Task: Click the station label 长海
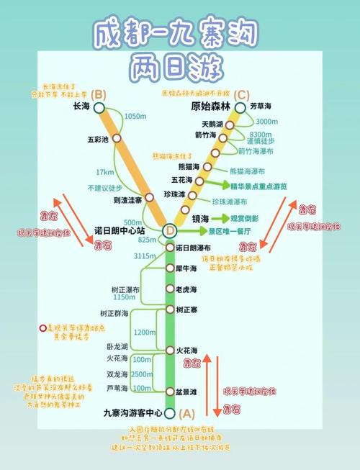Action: [82, 107]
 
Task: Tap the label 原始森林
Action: [211, 107]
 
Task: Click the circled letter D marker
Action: [170, 231]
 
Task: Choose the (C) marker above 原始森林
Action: [241, 94]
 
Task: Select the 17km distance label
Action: [105, 172]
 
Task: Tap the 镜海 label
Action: [201, 218]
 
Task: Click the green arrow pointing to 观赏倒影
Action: [220, 218]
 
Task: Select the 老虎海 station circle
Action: [170, 289]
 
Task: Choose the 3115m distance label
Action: [145, 256]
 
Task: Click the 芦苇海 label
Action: [117, 389]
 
